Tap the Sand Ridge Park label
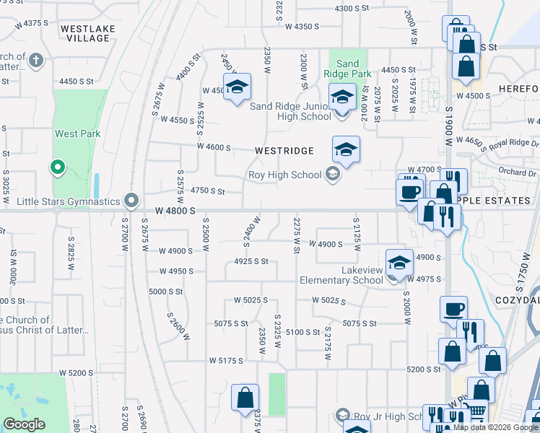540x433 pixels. click(x=347, y=69)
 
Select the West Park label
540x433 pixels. click(x=77, y=134)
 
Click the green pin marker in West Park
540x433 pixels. click(x=58, y=168)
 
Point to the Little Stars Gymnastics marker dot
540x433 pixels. click(x=131, y=200)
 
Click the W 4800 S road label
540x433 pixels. click(x=175, y=210)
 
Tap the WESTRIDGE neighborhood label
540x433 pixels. click(x=284, y=151)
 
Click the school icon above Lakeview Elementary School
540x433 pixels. click(x=399, y=263)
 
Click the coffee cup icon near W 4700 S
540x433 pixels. click(x=409, y=191)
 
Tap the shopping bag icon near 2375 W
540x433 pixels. click(x=245, y=398)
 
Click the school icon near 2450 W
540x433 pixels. click(x=237, y=88)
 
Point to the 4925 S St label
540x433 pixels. click(x=251, y=261)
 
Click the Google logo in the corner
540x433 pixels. click(x=24, y=424)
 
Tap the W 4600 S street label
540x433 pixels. click(x=214, y=148)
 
